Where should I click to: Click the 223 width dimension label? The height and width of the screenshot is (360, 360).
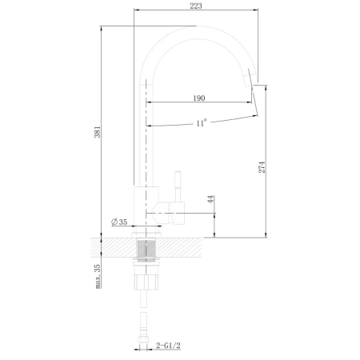coord(196,6)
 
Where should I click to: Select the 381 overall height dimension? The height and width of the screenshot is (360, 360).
coord(98,132)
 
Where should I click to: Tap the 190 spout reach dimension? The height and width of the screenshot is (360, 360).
coord(199,98)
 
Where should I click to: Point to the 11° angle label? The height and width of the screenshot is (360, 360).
coord(202,123)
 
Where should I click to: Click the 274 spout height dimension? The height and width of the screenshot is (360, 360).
coord(262,167)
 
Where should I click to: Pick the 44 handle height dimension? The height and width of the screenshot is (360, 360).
coord(211,199)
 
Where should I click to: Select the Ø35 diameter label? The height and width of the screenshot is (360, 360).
coord(119,222)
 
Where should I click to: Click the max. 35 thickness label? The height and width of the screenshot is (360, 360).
coord(98,276)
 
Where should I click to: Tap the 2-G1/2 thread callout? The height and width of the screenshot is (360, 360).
coord(168,346)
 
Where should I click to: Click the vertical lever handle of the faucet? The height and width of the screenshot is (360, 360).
coord(178,186)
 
